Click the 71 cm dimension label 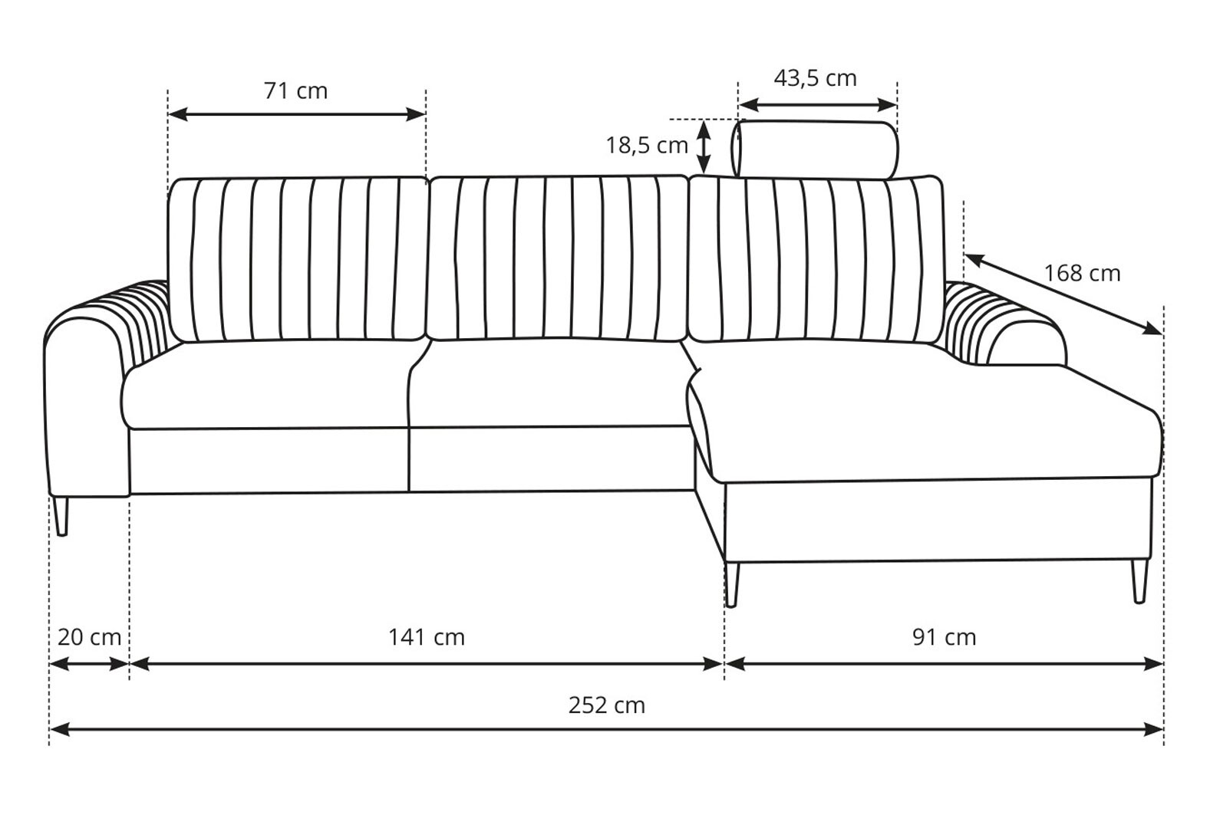tap(296, 90)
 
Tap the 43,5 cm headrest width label tap(815, 78)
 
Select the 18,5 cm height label tap(647, 145)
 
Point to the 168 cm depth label tap(1082, 273)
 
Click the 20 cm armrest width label tap(90, 637)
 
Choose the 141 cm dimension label tap(427, 637)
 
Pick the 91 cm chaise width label tap(945, 637)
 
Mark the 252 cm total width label tap(607, 705)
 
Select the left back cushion tap(298, 259)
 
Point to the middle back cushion tap(559, 258)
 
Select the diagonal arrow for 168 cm tap(1063, 294)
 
